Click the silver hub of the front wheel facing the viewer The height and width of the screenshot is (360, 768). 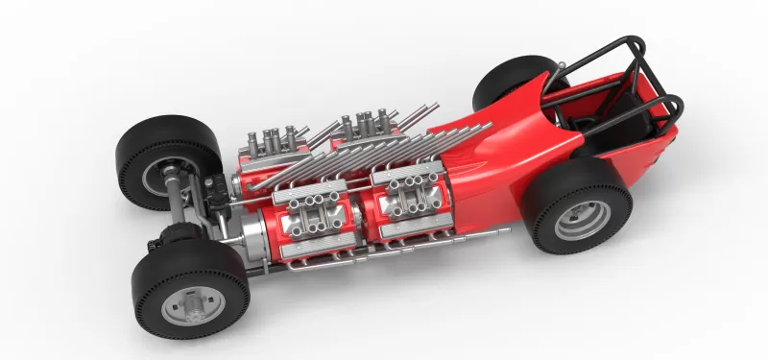click(193, 303)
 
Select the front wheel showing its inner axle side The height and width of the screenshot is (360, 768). click(154, 163)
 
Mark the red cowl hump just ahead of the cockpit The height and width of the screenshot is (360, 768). click(499, 144)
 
